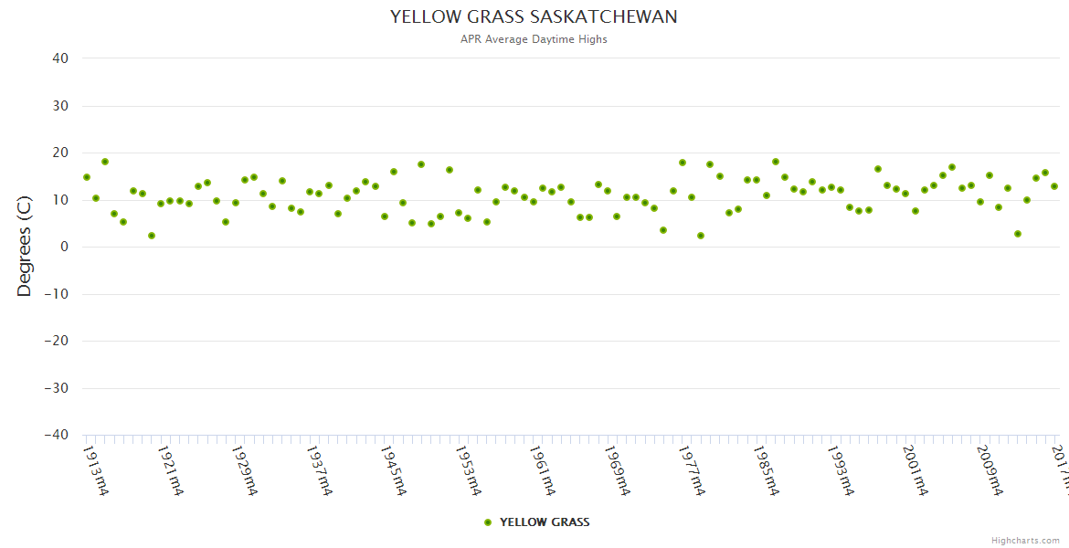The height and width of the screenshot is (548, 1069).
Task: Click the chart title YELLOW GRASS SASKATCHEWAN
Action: point(534,17)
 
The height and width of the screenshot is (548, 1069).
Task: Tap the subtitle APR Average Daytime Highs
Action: point(534,39)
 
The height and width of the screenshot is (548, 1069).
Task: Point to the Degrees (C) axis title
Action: point(25,247)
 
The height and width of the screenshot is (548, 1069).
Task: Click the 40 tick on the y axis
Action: point(60,58)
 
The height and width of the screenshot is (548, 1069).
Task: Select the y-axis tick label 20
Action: point(60,153)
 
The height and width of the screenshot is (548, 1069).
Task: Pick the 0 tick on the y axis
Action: point(65,247)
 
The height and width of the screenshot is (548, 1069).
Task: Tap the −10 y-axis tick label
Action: point(56,294)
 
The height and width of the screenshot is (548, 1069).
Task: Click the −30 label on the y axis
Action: point(56,388)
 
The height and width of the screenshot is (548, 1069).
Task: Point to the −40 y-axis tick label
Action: point(56,436)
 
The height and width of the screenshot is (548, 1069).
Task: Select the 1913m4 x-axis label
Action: point(96,470)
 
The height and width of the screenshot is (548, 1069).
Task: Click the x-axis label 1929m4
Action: point(245,470)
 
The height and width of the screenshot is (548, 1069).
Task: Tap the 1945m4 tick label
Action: point(394,470)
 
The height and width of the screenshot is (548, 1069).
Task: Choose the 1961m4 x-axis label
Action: point(543,470)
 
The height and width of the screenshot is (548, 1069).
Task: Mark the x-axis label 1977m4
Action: point(692,470)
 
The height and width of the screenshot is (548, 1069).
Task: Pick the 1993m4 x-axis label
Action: point(841,470)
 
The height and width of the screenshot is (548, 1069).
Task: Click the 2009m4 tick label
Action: point(990,470)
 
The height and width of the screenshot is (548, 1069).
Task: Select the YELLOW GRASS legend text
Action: point(545,522)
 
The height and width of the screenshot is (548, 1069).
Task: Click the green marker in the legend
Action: point(488,522)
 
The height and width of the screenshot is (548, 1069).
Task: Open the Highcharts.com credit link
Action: point(1025,541)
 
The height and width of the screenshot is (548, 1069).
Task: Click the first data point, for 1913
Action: point(87,177)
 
